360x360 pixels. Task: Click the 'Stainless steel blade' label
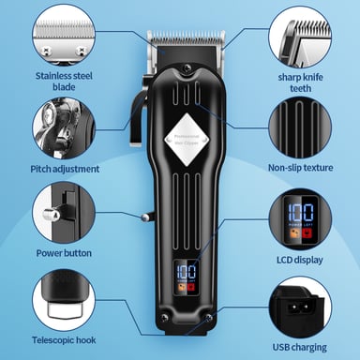coord(63,82)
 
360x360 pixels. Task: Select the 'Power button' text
coord(63,251)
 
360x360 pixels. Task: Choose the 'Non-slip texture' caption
coord(300,170)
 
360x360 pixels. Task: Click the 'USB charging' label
coord(300,345)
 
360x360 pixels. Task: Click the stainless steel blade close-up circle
coord(63,34)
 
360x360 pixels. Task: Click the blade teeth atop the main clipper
coord(185,38)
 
